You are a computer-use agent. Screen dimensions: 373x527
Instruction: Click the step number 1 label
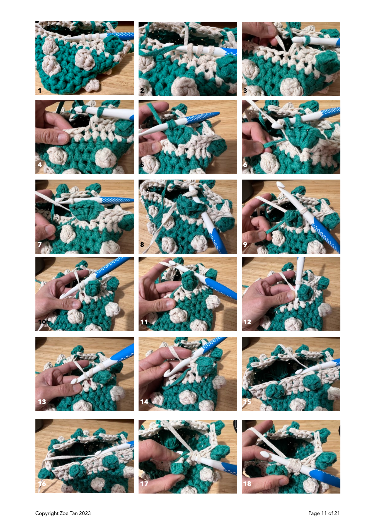click(x=40, y=91)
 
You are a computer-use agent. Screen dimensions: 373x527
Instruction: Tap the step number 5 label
click(x=142, y=165)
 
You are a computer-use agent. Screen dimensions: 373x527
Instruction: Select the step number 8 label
click(x=142, y=245)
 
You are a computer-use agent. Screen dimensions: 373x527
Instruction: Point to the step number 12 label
click(x=247, y=322)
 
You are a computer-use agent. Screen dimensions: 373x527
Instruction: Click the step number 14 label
click(x=144, y=402)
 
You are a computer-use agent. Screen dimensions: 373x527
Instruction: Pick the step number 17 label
click(x=144, y=484)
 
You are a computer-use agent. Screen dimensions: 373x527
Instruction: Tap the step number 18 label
click(x=247, y=484)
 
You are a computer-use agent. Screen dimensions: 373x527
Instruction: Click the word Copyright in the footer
click(x=47, y=513)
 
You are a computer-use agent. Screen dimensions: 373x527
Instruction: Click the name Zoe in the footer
click(x=64, y=513)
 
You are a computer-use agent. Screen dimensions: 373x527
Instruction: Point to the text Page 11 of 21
click(x=324, y=513)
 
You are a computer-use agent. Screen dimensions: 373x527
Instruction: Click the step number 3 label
click(x=245, y=91)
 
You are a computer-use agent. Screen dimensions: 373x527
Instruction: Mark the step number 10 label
click(x=42, y=322)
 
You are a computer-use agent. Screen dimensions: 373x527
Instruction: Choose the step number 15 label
click(x=247, y=402)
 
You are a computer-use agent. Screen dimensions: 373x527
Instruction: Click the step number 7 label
click(x=40, y=245)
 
